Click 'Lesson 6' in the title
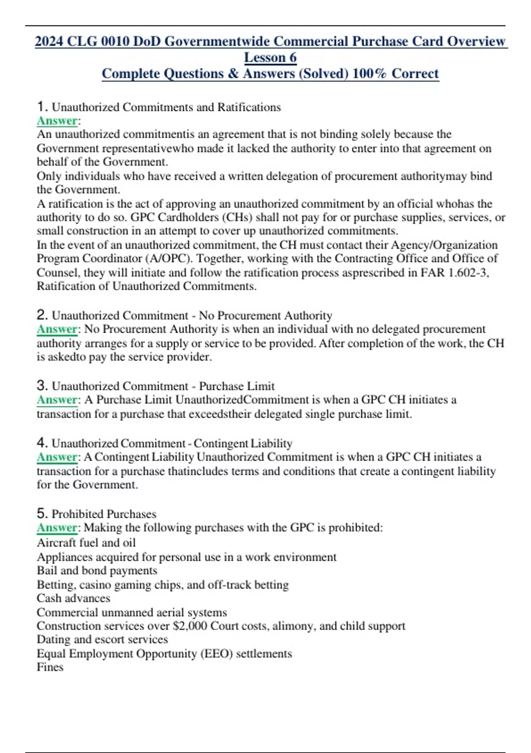(x=270, y=58)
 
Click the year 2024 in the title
(x=50, y=41)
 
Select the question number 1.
(x=42, y=107)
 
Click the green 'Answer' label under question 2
(x=57, y=329)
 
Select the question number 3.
(x=42, y=385)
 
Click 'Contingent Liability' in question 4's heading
(x=243, y=443)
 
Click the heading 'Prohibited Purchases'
(x=104, y=514)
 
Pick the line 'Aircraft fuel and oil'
(x=86, y=543)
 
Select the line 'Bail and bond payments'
(x=97, y=571)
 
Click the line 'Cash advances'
(x=73, y=598)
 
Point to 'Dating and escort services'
(x=102, y=640)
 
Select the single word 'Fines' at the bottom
(x=50, y=667)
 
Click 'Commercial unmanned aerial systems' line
(x=132, y=612)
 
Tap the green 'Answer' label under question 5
(x=57, y=528)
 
